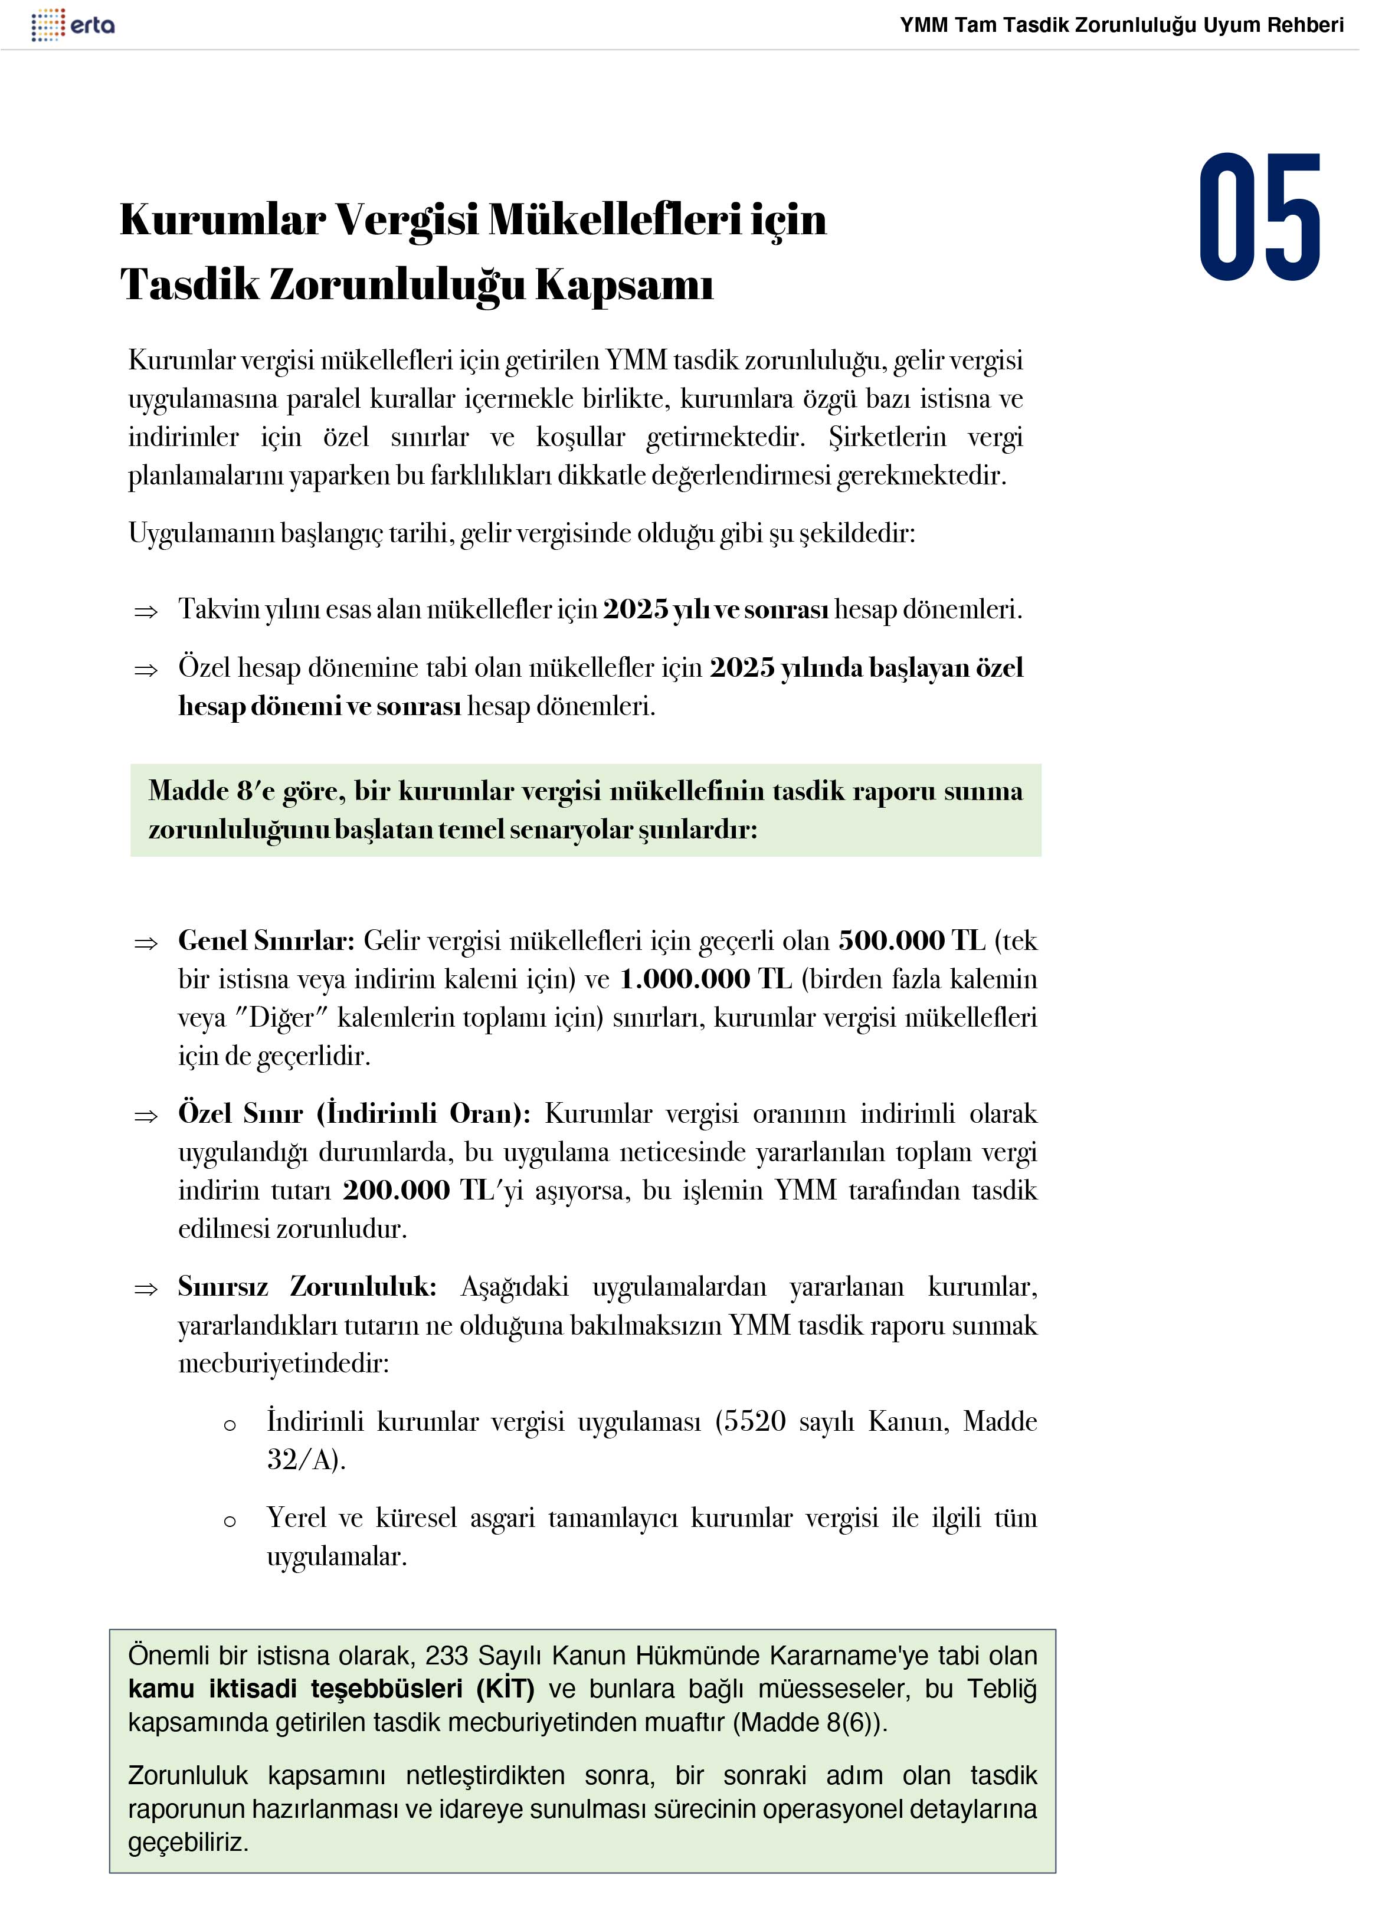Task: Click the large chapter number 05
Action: point(1260,218)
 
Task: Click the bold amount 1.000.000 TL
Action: point(706,979)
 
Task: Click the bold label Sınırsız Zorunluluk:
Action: point(307,1286)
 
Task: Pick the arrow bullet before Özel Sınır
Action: point(146,1116)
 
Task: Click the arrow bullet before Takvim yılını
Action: point(146,612)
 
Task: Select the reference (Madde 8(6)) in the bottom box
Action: point(809,1722)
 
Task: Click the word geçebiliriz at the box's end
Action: point(188,1841)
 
